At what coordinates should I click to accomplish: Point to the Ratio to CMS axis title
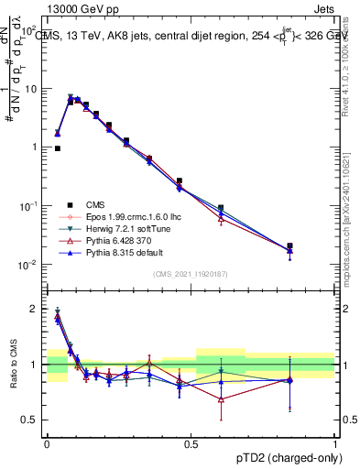click(x=12, y=363)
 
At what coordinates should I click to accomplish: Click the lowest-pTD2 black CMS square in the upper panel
click(x=58, y=147)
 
